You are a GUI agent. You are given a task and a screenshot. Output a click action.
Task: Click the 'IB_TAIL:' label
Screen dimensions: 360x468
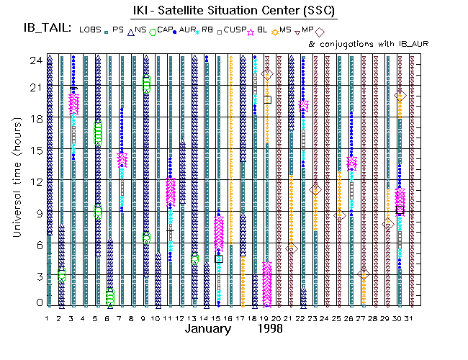pyautogui.click(x=47, y=29)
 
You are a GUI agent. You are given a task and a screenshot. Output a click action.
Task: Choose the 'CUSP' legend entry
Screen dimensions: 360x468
pyautogui.click(x=236, y=30)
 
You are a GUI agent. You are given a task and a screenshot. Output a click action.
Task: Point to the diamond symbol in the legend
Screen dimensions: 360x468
pyautogui.click(x=320, y=32)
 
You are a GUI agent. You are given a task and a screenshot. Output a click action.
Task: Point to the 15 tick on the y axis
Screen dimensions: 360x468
pyautogui.click(x=34, y=150)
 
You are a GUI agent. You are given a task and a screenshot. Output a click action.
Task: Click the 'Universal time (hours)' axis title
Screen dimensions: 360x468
pyautogui.click(x=16, y=181)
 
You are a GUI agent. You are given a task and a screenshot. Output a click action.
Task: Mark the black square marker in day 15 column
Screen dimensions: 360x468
pyautogui.click(x=219, y=258)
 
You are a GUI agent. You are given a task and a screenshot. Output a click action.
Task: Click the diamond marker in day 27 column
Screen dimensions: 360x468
pyautogui.click(x=364, y=274)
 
